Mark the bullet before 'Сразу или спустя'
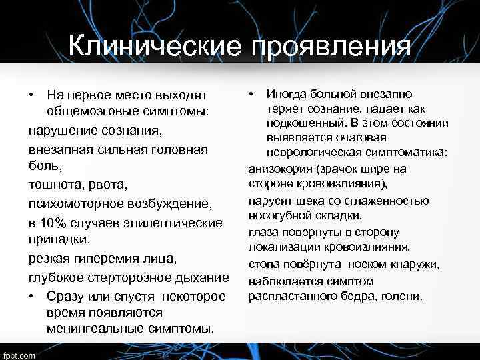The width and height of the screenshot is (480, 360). (31, 295)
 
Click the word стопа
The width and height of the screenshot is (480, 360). (264, 265)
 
